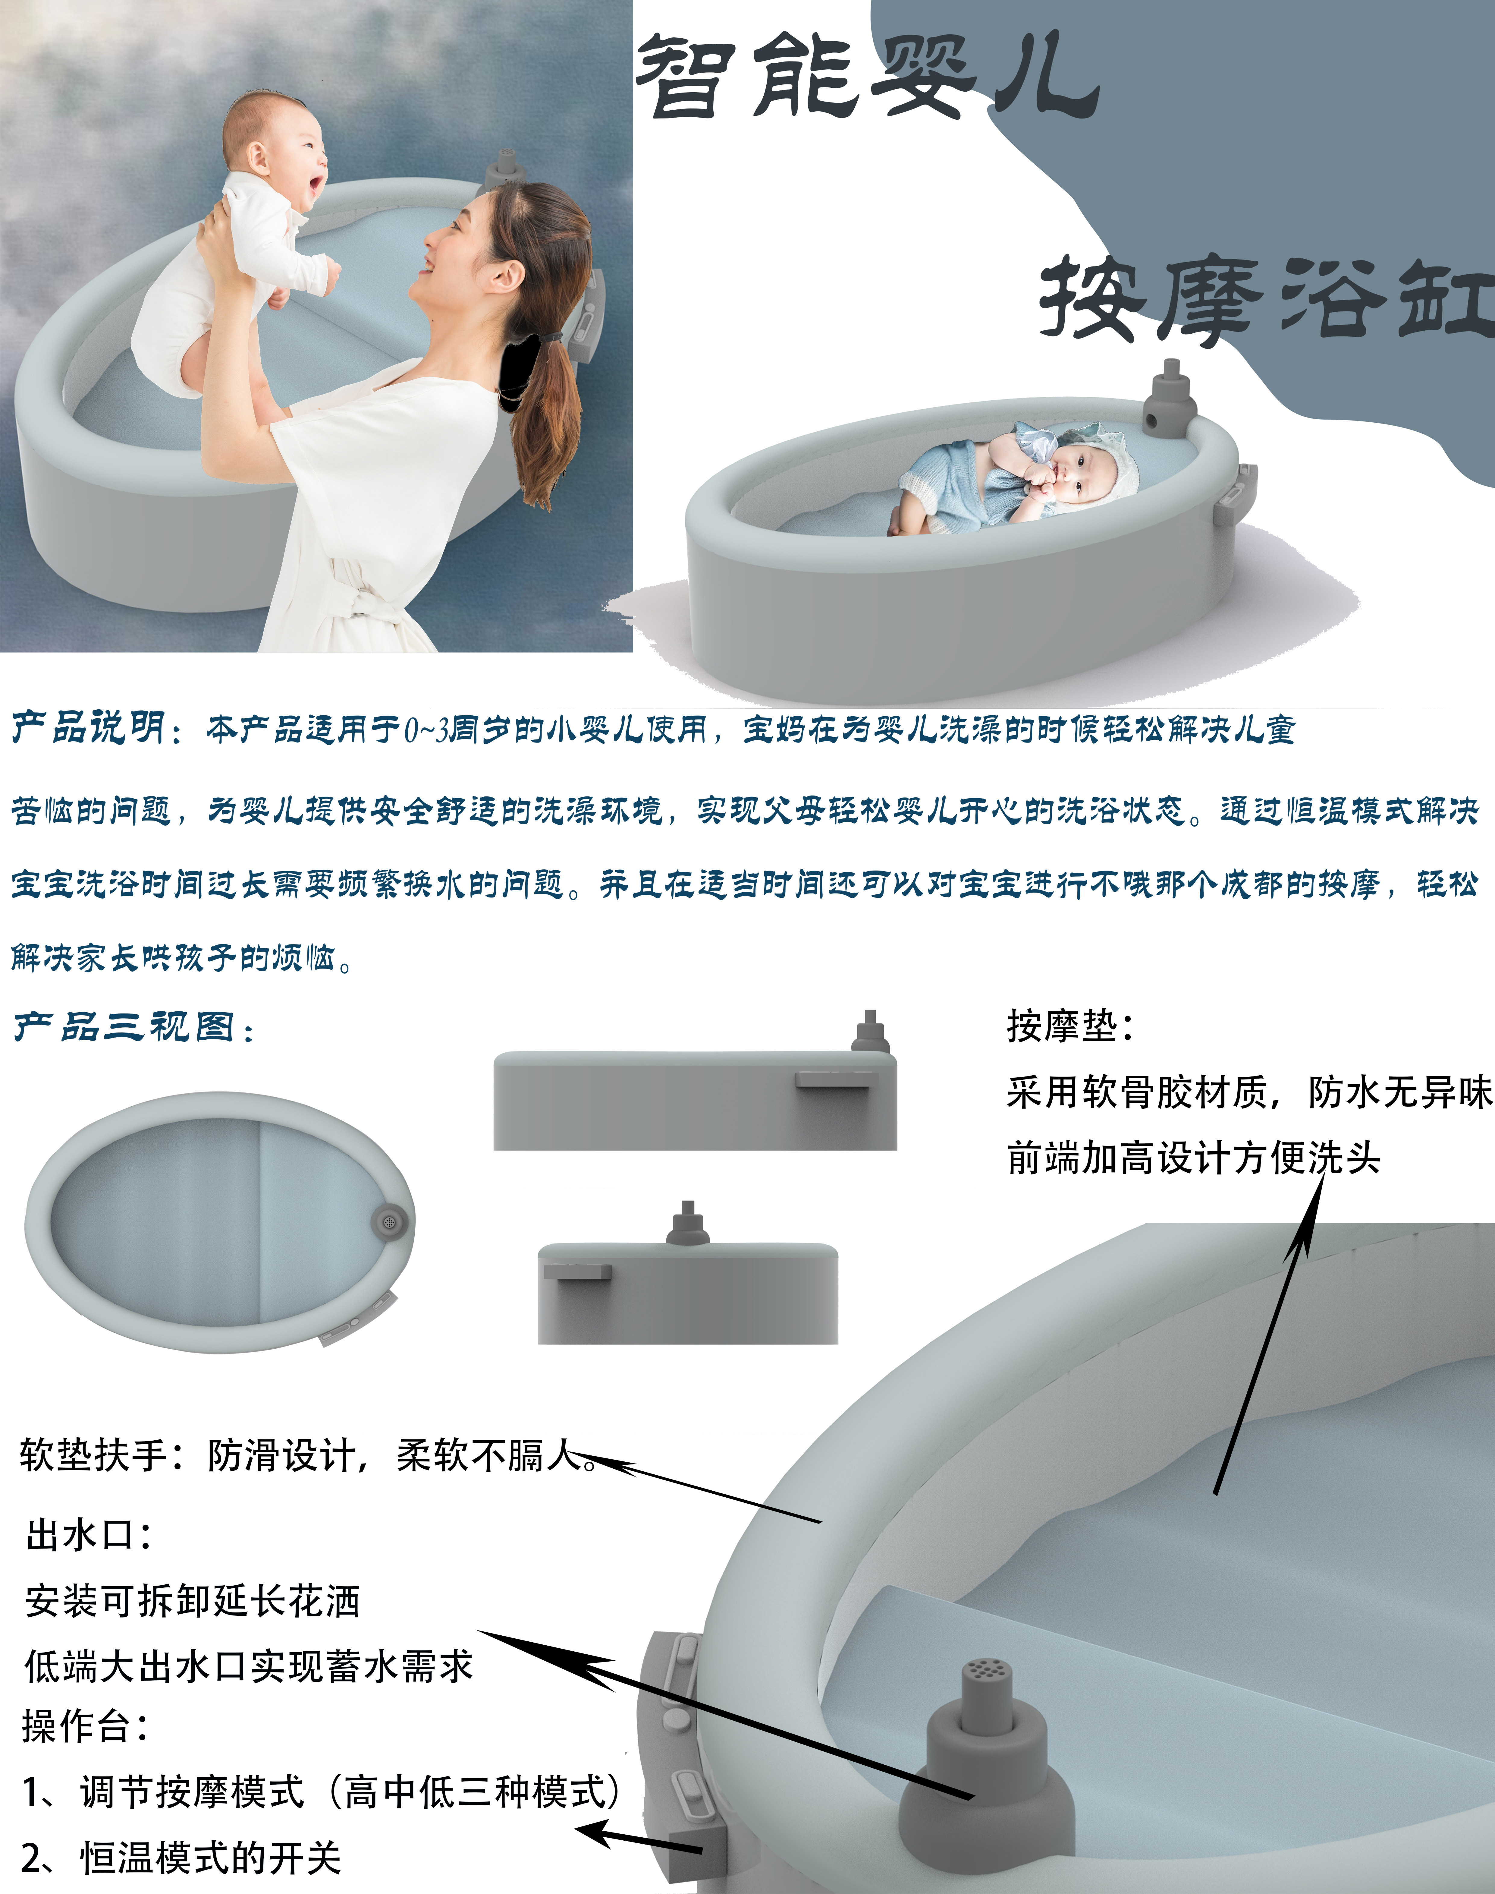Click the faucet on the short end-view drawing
click(x=688, y=1223)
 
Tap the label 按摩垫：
click(x=1069, y=1026)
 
